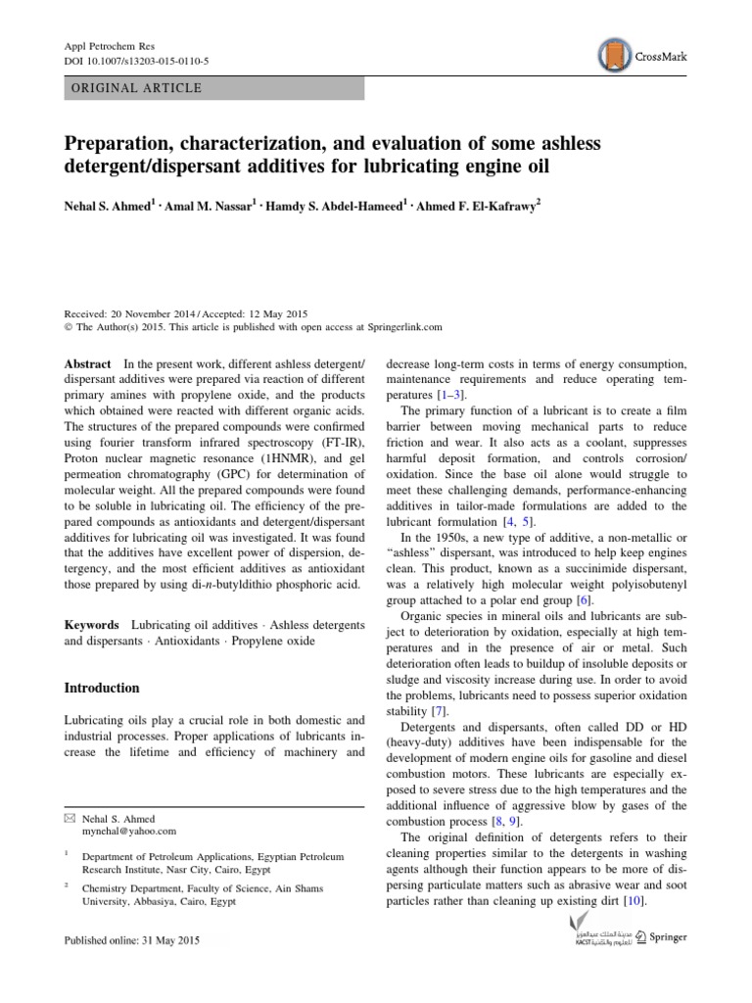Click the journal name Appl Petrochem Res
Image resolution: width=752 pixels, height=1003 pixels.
102,46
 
